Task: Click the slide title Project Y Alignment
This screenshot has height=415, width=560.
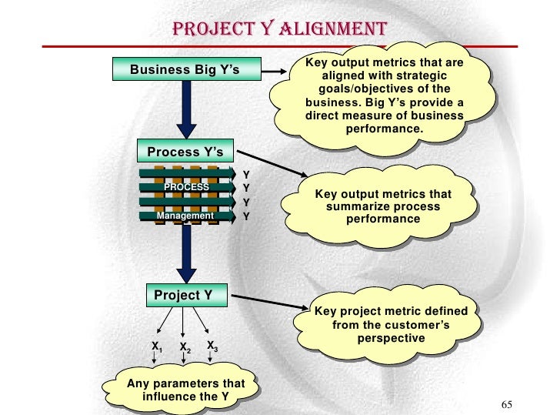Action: point(278,30)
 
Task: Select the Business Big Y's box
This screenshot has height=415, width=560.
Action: point(185,70)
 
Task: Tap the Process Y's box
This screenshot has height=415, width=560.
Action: point(185,152)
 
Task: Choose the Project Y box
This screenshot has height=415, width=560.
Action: point(183,295)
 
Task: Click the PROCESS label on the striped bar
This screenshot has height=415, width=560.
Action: point(186,187)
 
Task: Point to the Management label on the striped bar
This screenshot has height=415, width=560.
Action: point(185,216)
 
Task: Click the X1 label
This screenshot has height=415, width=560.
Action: point(157,347)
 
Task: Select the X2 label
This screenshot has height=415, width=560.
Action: point(185,348)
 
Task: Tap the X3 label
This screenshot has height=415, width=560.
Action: point(212,346)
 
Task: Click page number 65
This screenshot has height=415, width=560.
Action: point(506,406)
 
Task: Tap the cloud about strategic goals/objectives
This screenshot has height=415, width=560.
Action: point(385,95)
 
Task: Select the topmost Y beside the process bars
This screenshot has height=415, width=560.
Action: point(246,174)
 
